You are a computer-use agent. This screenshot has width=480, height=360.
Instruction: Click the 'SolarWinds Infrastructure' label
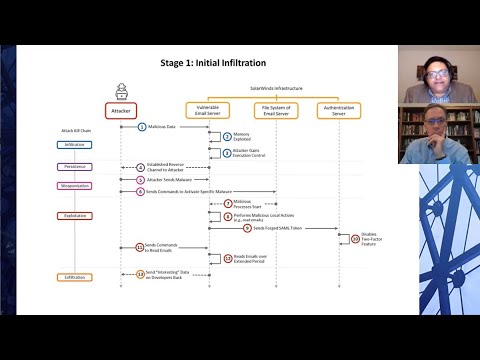click(x=275, y=88)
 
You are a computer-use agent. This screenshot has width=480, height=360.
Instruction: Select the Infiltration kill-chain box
click(x=74, y=144)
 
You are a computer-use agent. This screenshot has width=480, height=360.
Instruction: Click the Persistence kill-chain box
click(x=74, y=167)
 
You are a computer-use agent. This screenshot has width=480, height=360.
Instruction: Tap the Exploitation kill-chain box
click(x=74, y=215)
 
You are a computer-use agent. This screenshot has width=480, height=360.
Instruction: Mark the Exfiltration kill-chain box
click(x=74, y=276)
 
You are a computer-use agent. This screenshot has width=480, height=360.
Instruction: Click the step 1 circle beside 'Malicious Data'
click(x=142, y=126)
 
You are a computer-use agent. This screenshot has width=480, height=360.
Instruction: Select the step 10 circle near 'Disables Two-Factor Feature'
click(x=354, y=238)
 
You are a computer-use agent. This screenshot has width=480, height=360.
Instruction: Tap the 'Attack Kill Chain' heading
click(x=76, y=130)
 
